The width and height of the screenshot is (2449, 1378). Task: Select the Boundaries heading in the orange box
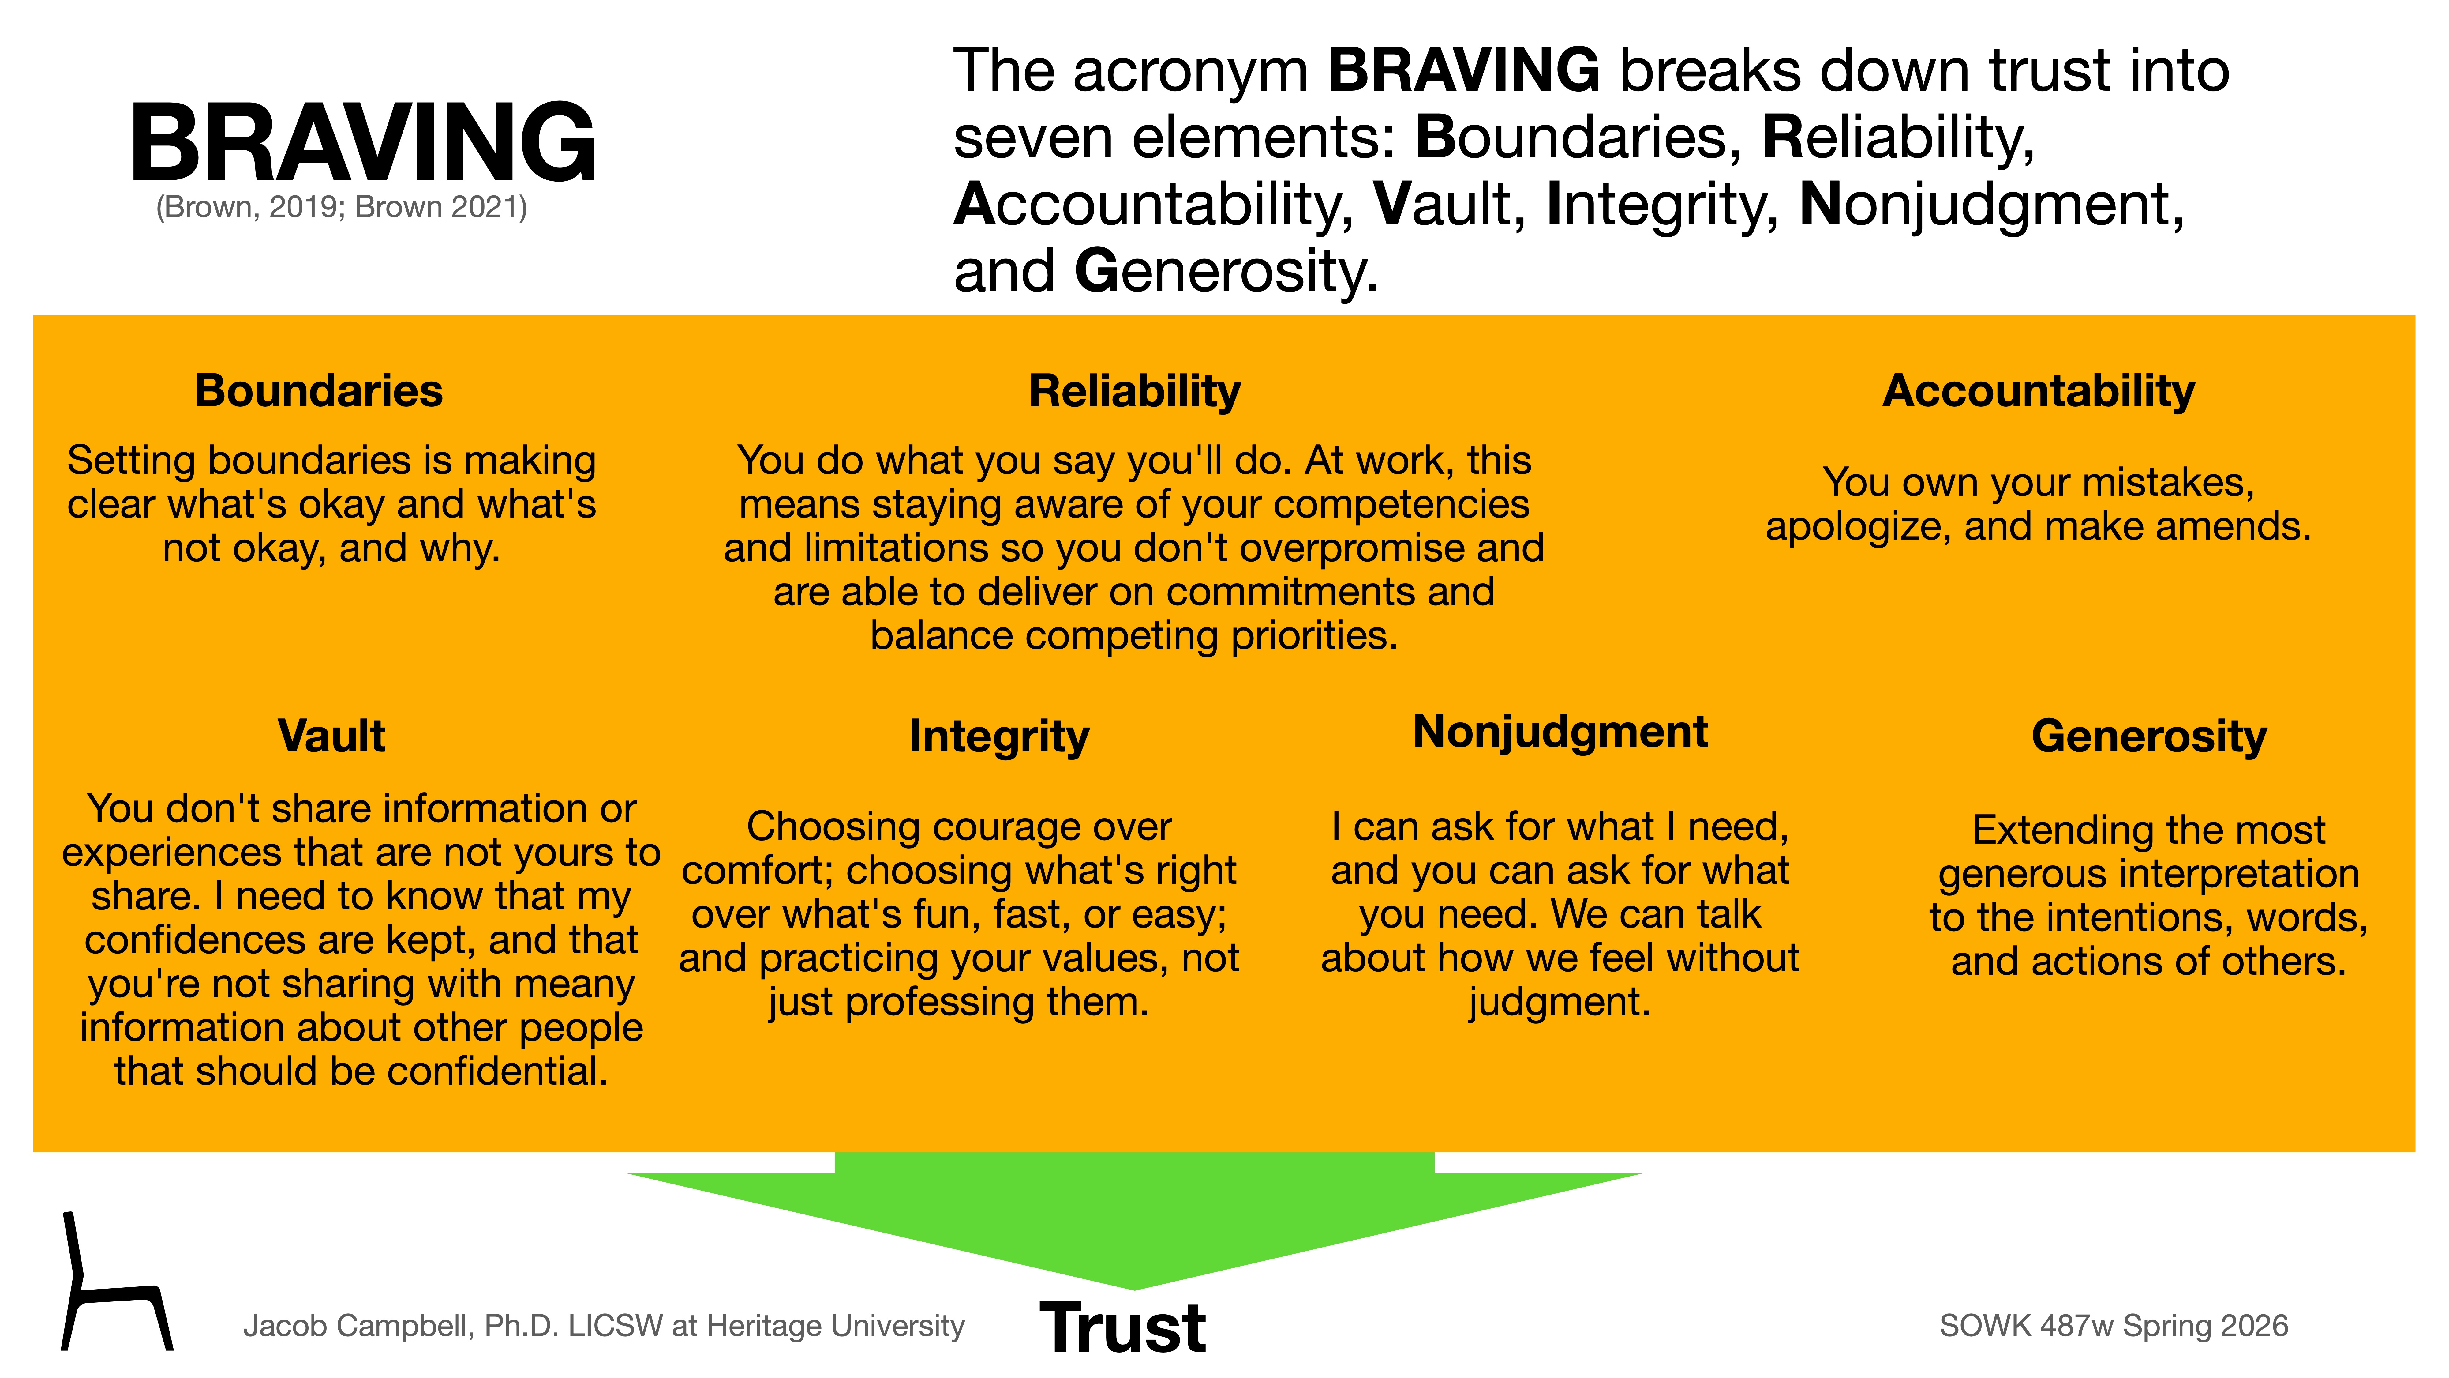[x=319, y=391]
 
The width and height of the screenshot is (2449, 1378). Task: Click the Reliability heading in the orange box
[x=1134, y=391]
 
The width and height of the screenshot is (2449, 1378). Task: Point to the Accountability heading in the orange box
[x=2038, y=391]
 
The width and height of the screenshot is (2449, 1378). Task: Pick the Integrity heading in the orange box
[x=999, y=736]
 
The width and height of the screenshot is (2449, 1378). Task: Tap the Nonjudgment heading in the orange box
[x=1560, y=732]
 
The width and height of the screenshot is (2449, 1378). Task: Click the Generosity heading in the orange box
[x=2149, y=736]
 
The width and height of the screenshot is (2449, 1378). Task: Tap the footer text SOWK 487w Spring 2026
[x=2114, y=1326]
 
